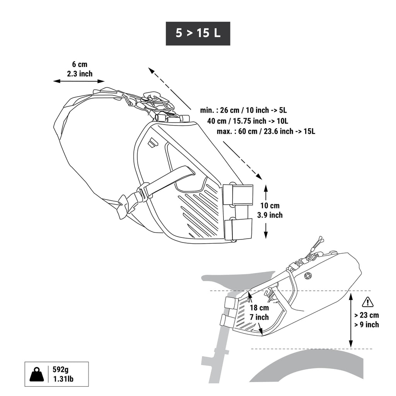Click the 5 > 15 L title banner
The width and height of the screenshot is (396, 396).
pyautogui.click(x=198, y=33)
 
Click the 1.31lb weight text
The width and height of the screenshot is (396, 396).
pyautogui.click(x=63, y=379)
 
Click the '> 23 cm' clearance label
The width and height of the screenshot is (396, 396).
pyautogui.click(x=367, y=315)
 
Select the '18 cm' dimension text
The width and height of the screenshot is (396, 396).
pyautogui.click(x=259, y=308)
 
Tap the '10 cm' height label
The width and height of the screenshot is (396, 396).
pyautogui.click(x=270, y=206)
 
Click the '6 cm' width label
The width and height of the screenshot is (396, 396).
pyautogui.click(x=80, y=64)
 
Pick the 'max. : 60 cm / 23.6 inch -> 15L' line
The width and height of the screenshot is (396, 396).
pyautogui.click(x=266, y=131)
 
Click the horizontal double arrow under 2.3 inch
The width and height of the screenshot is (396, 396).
pyautogui.click(x=79, y=81)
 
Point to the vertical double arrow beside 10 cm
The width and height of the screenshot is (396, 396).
pyautogui.click(x=266, y=211)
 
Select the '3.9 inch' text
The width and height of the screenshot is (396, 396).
pyautogui.click(x=270, y=215)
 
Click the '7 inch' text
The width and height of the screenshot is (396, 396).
pyautogui.click(x=259, y=317)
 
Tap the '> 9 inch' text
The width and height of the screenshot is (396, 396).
pyautogui.click(x=367, y=324)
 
